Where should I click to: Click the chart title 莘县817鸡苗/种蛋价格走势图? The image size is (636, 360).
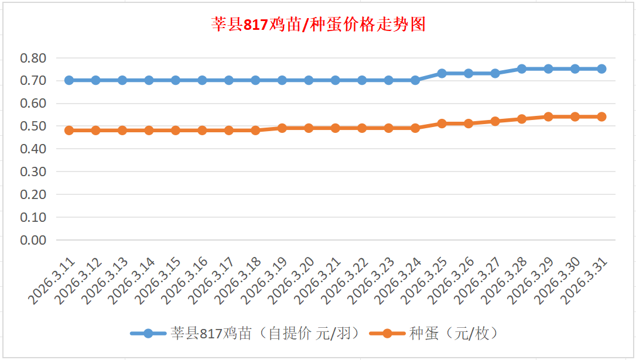point(318,25)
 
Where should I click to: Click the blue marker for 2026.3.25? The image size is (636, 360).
point(442,73)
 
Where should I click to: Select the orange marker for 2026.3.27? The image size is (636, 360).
point(495,121)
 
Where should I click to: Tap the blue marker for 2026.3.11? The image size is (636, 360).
point(69,80)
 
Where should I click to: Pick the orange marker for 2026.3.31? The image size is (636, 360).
point(601,116)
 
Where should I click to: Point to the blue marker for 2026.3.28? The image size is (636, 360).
point(522,68)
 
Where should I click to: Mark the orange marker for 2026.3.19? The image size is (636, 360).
point(282,128)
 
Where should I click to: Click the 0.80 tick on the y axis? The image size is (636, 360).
point(33,58)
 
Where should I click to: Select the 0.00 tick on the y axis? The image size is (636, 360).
point(33,240)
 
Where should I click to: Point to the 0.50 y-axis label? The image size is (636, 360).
point(33,126)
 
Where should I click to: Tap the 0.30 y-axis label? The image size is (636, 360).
point(33,172)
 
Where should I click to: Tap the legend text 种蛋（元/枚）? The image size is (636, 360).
point(454,334)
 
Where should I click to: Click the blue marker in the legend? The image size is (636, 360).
point(148,334)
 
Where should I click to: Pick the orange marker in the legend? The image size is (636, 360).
point(387,334)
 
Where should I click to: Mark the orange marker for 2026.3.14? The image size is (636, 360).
point(149,131)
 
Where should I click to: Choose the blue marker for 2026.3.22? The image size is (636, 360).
point(362,80)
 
